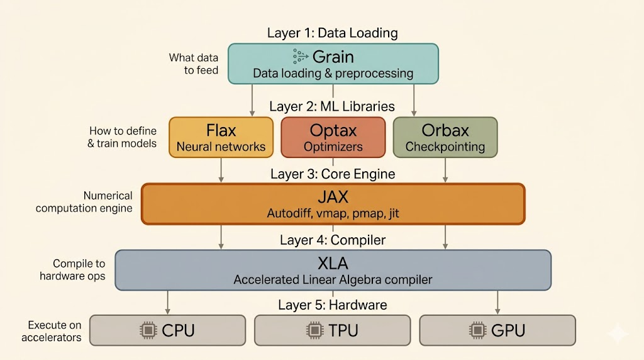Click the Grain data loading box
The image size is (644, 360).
[x=333, y=64]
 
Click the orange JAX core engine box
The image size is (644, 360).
[x=333, y=203]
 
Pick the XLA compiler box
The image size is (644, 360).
[x=333, y=270]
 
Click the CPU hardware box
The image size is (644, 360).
[x=167, y=330]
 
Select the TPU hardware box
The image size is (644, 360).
[x=332, y=330]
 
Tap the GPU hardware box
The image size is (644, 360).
[x=497, y=330]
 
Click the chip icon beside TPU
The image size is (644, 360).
[x=314, y=330]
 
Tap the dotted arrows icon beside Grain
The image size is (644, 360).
[x=300, y=56]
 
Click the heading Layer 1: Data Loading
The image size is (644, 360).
[x=332, y=33]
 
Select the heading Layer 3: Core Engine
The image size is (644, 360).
[x=333, y=174]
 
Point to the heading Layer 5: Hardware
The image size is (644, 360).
[x=333, y=305]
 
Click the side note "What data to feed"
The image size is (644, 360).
[x=194, y=64]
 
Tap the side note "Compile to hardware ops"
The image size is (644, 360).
[x=73, y=270]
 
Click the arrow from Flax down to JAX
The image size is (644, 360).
[x=221, y=170]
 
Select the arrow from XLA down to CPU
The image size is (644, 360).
[x=167, y=302]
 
